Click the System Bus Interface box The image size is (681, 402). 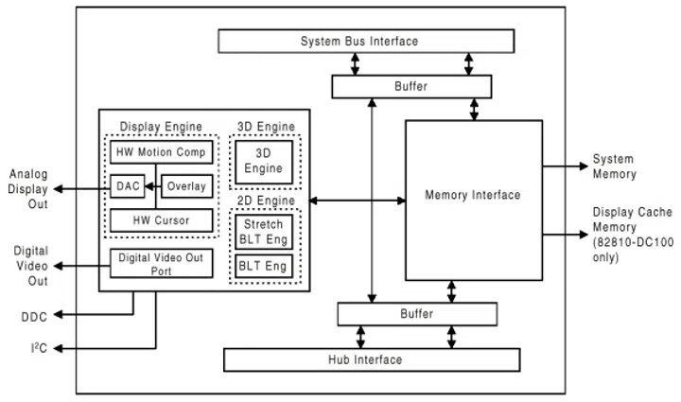click(366, 42)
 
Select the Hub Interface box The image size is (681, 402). click(371, 359)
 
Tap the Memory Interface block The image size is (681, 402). click(473, 196)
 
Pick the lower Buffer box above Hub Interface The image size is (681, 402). click(417, 314)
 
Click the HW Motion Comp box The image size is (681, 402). click(158, 153)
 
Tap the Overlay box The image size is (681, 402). click(186, 186)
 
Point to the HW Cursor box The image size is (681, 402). click(158, 219)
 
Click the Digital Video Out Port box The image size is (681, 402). click(158, 262)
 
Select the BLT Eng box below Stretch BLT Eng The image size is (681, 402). click(264, 268)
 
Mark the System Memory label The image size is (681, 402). click(614, 166)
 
